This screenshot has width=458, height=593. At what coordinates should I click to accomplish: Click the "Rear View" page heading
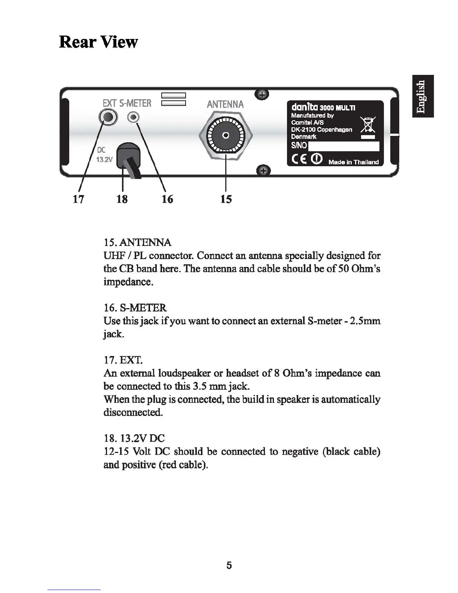(x=98, y=42)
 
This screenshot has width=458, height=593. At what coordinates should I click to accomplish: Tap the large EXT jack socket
(x=108, y=118)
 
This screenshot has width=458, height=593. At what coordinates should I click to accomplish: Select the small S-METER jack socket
(x=133, y=118)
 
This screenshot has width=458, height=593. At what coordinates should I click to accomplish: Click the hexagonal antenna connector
(x=226, y=136)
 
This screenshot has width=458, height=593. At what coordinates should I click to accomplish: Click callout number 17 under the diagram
(x=78, y=199)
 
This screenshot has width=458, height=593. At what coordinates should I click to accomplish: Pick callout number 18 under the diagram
(x=122, y=199)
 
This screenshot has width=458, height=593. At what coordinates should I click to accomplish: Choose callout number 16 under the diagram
(x=167, y=199)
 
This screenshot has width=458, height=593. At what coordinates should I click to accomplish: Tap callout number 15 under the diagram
(x=226, y=199)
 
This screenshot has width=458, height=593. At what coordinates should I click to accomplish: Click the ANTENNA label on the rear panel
(x=225, y=104)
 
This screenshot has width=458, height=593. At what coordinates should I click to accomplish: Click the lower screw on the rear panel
(x=263, y=171)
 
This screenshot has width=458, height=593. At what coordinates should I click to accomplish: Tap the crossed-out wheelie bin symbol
(x=368, y=125)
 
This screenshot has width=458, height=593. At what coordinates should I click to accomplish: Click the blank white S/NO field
(x=343, y=146)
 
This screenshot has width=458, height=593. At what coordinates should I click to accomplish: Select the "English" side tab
(x=423, y=96)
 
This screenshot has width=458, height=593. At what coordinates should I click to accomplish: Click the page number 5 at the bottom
(x=229, y=565)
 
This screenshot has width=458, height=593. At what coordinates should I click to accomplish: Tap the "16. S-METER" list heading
(x=135, y=308)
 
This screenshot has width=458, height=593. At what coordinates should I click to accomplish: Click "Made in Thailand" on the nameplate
(x=354, y=162)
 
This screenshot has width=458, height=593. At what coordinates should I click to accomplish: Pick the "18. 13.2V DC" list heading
(x=134, y=438)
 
